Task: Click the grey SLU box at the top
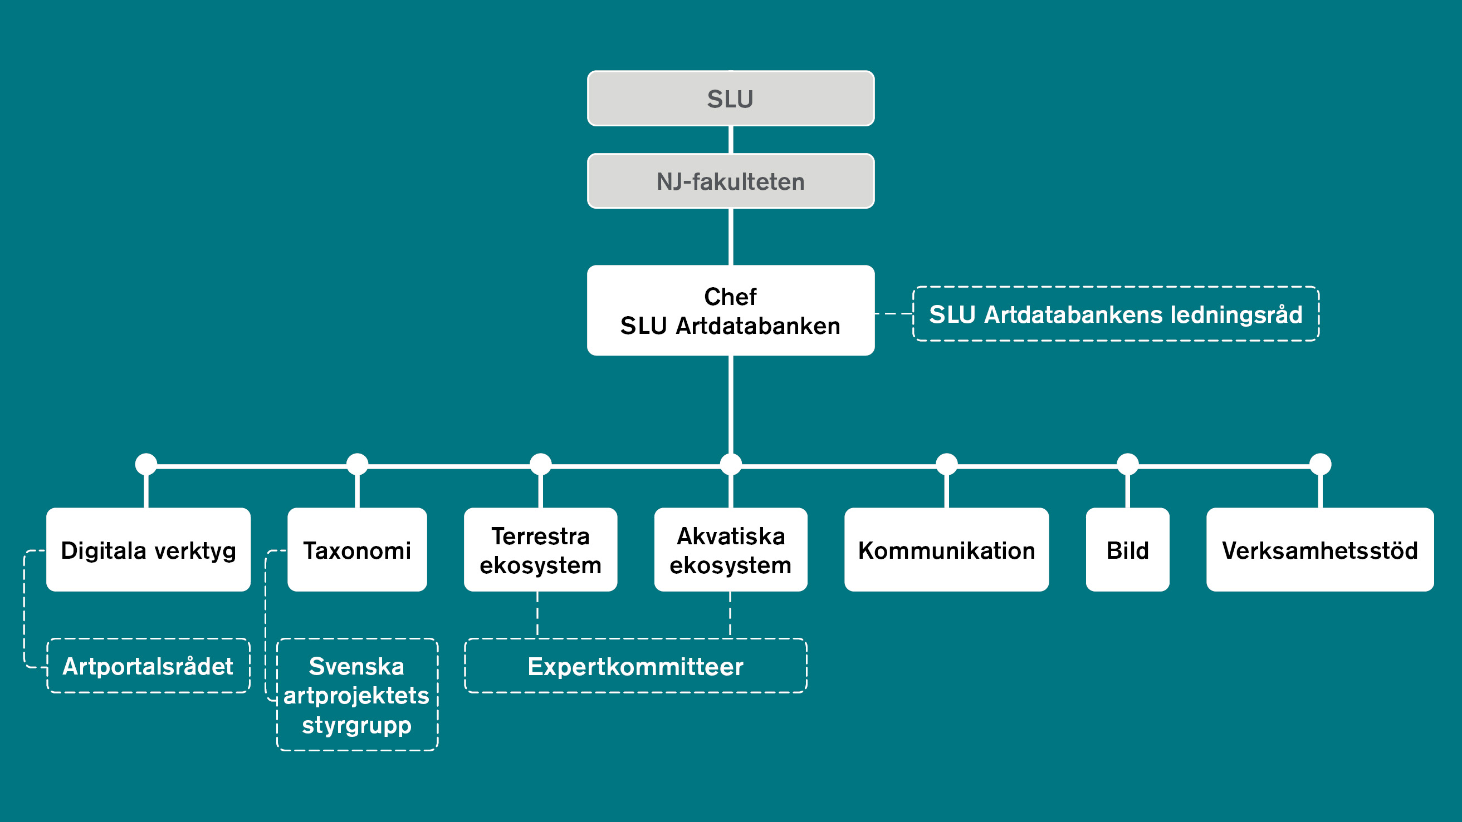tap(730, 99)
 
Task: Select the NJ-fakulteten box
tap(730, 181)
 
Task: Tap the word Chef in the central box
tap(730, 297)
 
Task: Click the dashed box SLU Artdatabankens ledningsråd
tap(1115, 314)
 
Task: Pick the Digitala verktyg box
tap(148, 550)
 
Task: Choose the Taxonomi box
tap(357, 550)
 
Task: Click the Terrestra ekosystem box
tap(540, 550)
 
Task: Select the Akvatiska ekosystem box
tap(730, 550)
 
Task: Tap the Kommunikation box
tap(946, 550)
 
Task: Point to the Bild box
tap(1127, 550)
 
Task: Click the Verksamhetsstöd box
tap(1319, 550)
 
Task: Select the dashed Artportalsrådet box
tap(148, 666)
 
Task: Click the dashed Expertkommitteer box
tap(635, 666)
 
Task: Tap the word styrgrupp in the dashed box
tap(356, 725)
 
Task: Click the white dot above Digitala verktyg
tap(146, 464)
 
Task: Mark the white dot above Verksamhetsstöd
tap(1320, 464)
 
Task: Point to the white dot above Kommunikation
tap(947, 464)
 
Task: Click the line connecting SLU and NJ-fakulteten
tap(730, 140)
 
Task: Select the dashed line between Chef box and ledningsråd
tap(893, 313)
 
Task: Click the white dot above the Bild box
tap(1127, 464)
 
